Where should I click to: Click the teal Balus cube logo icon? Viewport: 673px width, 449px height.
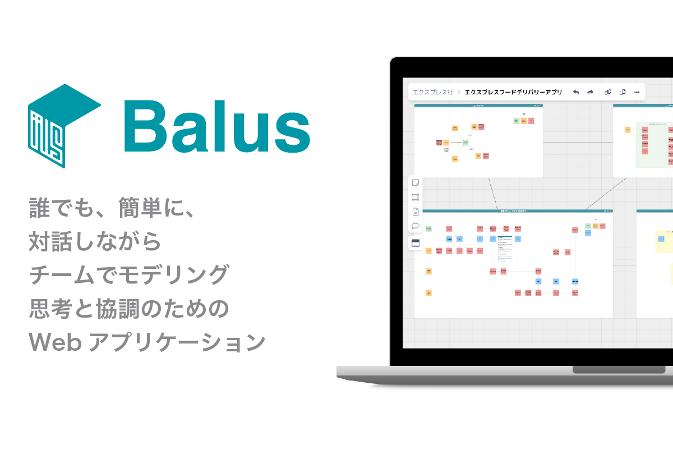(63, 126)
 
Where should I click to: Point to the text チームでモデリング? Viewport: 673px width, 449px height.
(129, 275)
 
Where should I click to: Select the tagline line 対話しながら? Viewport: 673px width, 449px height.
(95, 242)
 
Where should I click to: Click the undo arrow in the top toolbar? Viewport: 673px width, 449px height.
(575, 92)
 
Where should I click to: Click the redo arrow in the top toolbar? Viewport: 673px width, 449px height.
(590, 92)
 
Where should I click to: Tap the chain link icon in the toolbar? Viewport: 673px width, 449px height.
(607, 92)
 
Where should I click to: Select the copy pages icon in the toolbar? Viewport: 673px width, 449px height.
(622, 92)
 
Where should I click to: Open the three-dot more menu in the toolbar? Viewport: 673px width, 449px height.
(637, 92)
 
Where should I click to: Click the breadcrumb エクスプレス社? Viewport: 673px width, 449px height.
(432, 92)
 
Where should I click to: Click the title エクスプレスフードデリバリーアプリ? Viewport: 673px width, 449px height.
(513, 92)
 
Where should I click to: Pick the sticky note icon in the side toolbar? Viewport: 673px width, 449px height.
(416, 182)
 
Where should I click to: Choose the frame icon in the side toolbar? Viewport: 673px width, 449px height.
(416, 197)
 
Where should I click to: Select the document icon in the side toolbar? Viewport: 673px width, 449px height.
(416, 212)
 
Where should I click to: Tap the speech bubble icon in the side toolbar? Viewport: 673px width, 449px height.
(416, 226)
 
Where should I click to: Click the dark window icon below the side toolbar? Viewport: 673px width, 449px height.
(416, 243)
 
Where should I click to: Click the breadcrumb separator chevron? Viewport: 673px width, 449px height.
(459, 92)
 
